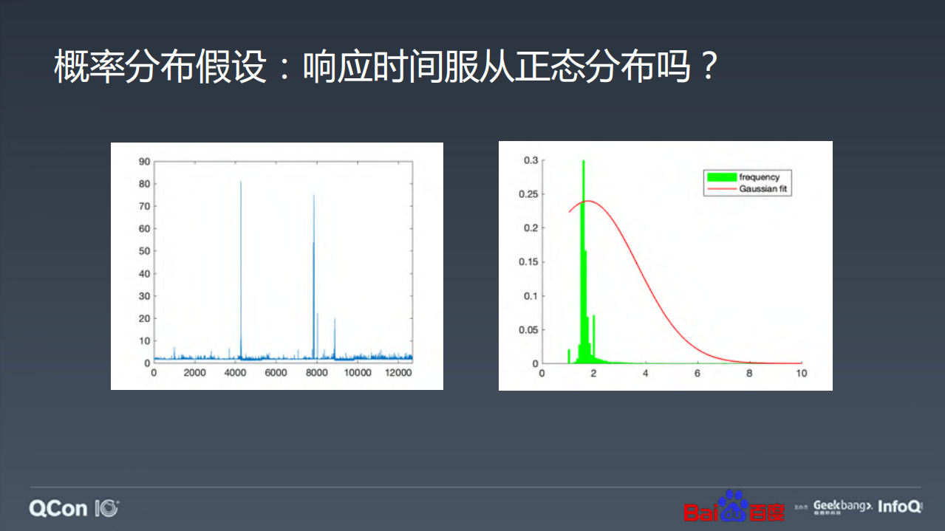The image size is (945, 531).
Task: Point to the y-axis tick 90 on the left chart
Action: [144, 161]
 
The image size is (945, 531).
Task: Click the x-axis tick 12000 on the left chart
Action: [399, 373]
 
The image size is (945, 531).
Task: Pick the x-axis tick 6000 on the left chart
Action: [276, 373]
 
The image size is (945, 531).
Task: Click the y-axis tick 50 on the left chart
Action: [144, 251]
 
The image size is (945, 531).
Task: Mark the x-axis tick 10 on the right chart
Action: [802, 374]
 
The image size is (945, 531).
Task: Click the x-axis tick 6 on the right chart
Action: [697, 374]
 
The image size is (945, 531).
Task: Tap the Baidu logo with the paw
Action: [733, 507]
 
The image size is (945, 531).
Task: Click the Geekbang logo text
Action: [842, 506]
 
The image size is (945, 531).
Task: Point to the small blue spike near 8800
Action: [335, 340]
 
